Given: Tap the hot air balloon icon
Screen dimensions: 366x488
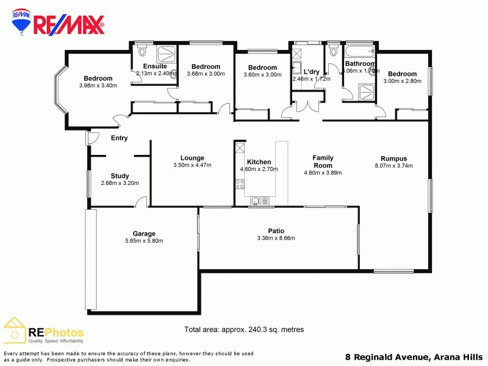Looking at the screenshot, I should [x=21, y=23].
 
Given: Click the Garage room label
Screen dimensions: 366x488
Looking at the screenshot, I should [x=144, y=234].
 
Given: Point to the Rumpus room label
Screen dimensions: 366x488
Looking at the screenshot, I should [x=393, y=158].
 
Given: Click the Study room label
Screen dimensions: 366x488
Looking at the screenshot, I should [x=120, y=176].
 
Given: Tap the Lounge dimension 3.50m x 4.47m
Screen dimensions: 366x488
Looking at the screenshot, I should [x=192, y=165].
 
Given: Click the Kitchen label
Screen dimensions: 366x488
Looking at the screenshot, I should [x=259, y=162].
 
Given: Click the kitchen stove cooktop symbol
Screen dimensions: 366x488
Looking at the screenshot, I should [x=239, y=183].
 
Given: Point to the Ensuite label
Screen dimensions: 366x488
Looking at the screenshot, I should [x=155, y=66].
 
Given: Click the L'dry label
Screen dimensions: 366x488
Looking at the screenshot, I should [x=311, y=71].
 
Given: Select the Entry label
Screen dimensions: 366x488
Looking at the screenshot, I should [x=119, y=138].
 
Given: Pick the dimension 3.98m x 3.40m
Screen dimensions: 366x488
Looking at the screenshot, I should [x=98, y=85].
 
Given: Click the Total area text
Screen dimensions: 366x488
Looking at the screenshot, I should [x=244, y=329].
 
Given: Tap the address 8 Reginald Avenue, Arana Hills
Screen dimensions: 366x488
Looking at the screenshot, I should [x=414, y=357].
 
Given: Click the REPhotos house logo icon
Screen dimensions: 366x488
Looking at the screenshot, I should [x=15, y=330].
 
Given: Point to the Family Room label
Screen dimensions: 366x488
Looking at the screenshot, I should [x=323, y=161].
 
